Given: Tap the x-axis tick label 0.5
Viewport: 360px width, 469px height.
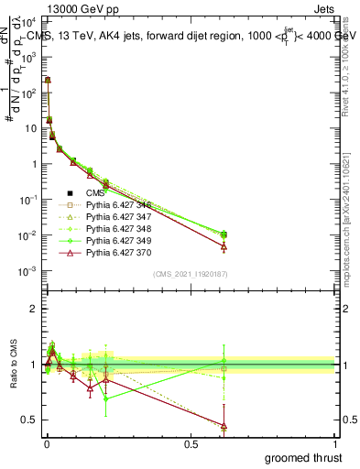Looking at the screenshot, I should [191, 444].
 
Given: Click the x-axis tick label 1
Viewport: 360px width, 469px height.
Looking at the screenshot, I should [336, 444].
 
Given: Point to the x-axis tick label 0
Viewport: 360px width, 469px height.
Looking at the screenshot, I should [46, 444].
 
